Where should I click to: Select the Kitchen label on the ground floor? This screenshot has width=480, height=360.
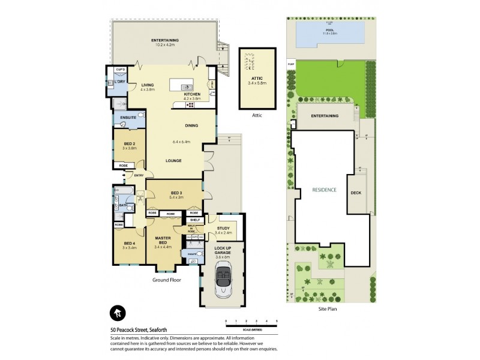(191, 94)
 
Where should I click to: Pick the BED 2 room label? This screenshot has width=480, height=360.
(129, 144)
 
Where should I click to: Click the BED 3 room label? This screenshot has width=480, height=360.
(176, 193)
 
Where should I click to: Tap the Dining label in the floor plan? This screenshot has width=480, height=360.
(191, 125)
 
